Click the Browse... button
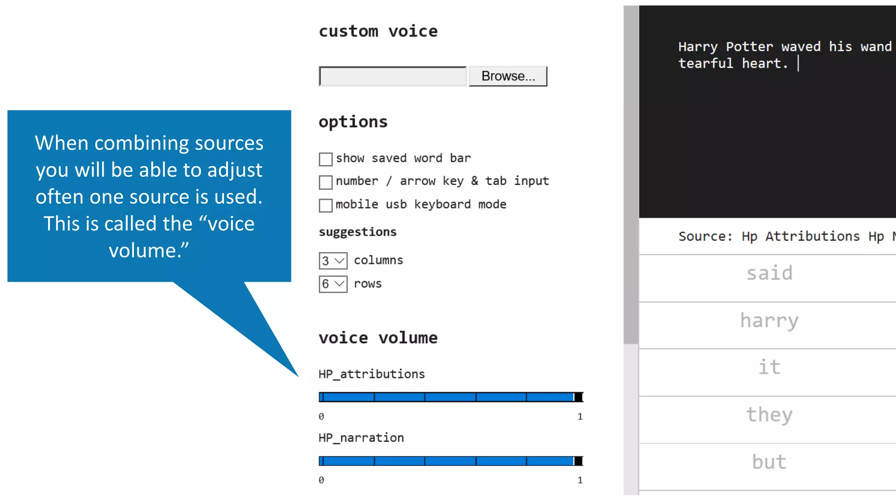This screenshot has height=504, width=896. click(x=507, y=76)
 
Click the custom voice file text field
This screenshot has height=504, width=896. click(x=392, y=76)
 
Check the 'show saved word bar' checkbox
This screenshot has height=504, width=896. click(x=325, y=159)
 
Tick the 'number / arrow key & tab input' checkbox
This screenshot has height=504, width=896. click(x=325, y=182)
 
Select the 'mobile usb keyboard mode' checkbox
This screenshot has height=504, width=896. click(x=325, y=205)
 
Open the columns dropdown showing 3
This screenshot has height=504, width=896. click(x=333, y=261)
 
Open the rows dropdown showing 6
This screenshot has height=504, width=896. click(x=333, y=284)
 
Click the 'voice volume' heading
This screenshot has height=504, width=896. click(x=378, y=338)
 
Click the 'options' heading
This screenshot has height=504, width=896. click(x=353, y=122)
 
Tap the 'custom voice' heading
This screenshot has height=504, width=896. click(x=378, y=31)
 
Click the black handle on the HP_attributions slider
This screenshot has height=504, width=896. click(x=578, y=397)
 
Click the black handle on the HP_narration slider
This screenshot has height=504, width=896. click(x=578, y=461)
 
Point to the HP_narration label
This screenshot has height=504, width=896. click(x=361, y=437)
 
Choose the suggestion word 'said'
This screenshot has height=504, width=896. click(x=769, y=273)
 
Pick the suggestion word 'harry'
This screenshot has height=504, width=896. click(x=769, y=321)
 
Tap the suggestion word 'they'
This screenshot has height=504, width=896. click(x=769, y=414)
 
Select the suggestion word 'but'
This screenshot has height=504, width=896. click(x=769, y=462)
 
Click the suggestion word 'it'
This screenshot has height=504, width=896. click(x=769, y=367)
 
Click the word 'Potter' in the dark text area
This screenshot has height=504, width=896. click(x=749, y=47)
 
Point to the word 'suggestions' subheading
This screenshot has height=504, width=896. click(x=357, y=232)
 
